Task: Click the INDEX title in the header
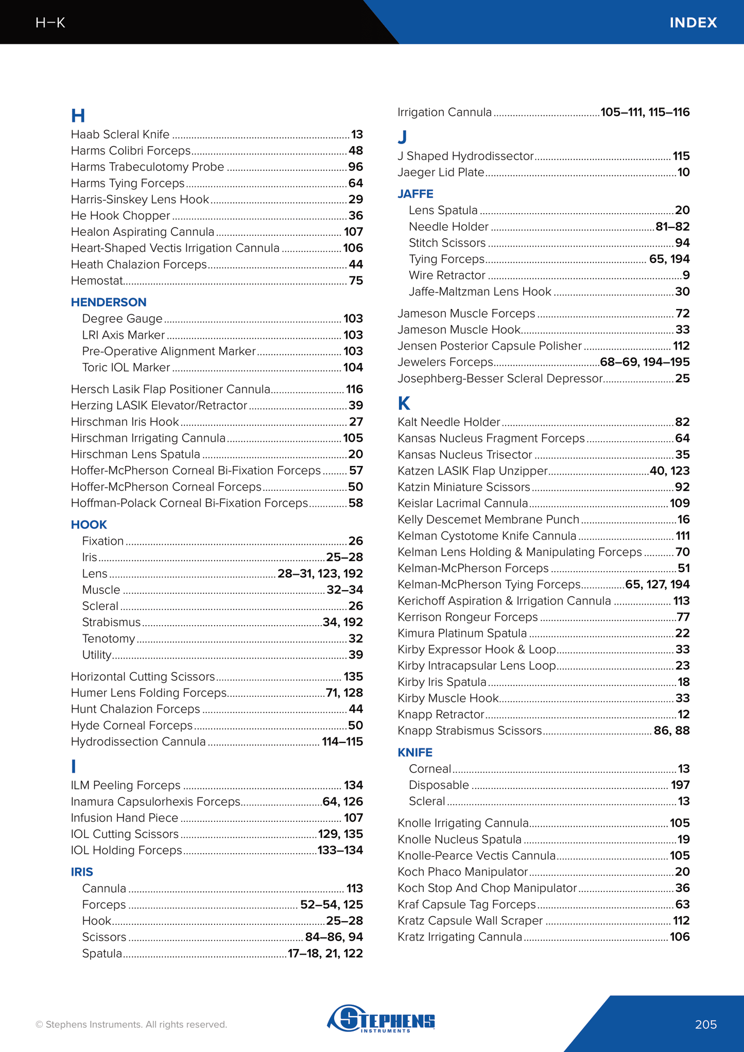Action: [693, 23]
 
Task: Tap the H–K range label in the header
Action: [50, 23]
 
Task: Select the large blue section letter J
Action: [402, 137]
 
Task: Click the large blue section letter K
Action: [404, 403]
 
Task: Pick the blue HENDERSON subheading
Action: [109, 302]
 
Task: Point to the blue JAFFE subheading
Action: [415, 194]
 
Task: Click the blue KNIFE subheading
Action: [414, 752]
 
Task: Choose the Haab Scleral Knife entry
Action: [120, 134]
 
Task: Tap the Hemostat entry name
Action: [97, 281]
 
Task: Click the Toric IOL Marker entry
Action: [126, 368]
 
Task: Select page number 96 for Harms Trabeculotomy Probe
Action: [355, 167]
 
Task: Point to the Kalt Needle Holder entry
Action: [448, 422]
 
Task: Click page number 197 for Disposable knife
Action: [680, 785]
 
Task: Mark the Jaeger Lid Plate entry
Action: [441, 173]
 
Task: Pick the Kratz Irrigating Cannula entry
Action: [460, 937]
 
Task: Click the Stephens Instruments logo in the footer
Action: [381, 1018]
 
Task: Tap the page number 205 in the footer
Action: [705, 1025]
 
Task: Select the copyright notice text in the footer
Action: [131, 1025]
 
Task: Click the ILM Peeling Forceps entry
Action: [126, 785]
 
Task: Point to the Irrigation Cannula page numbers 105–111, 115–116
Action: [645, 112]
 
